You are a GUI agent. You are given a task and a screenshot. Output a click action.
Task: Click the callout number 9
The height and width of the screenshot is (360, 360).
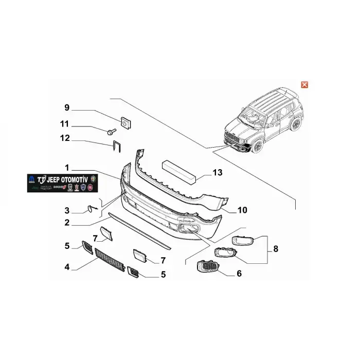(x=66, y=107)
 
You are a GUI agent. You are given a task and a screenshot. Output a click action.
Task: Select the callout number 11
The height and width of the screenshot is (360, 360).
(x=64, y=123)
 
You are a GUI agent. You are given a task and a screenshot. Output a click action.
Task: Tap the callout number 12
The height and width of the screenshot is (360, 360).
(x=64, y=138)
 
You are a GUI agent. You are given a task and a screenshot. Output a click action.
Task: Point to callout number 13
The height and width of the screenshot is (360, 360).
(x=218, y=173)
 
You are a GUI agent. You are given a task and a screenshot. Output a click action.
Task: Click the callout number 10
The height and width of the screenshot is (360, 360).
(x=242, y=210)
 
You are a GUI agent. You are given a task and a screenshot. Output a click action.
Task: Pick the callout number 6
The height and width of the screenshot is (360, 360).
(x=239, y=274)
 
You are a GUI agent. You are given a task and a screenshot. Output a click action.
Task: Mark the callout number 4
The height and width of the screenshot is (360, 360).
(x=67, y=267)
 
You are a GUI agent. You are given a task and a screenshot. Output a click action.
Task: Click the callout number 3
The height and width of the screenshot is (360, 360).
(x=67, y=210)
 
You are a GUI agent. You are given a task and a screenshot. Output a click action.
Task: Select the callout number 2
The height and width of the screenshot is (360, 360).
(x=67, y=223)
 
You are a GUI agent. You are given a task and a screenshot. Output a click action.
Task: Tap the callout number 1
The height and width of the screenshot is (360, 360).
(x=67, y=168)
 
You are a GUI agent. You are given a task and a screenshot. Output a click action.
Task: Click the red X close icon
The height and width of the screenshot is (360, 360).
(x=304, y=84)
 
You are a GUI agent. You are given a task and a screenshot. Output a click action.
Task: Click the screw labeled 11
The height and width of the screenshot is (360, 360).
(x=111, y=132)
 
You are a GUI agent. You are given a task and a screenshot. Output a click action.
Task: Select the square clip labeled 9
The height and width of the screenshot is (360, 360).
(x=124, y=122)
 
